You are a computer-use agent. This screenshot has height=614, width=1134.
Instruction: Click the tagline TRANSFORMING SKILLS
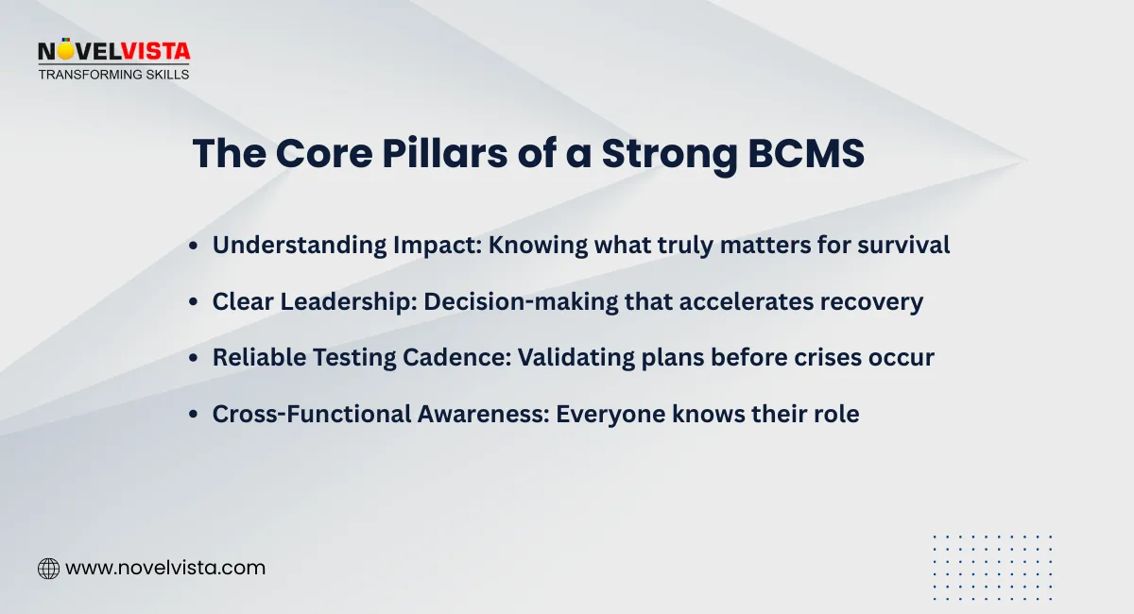coord(113,74)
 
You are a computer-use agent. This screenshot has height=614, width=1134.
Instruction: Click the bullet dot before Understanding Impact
coord(194,246)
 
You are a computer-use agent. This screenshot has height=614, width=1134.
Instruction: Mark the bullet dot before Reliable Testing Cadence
coord(194,359)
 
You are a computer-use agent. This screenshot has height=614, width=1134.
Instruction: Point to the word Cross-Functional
coord(301,414)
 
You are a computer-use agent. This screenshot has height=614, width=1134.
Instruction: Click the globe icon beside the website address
coord(48,569)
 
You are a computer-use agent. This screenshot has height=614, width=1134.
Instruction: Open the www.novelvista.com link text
coord(165,569)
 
